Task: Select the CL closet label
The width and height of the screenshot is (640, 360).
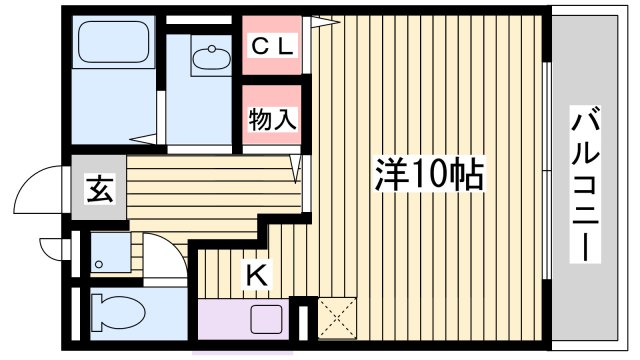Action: point(271,46)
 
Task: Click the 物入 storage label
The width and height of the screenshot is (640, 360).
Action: point(272,119)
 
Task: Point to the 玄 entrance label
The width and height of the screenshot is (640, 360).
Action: point(98,189)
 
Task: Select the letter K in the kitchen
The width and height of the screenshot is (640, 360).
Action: point(255,272)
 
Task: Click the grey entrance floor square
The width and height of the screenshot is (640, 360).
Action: point(98,189)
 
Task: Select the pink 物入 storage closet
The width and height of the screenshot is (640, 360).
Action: point(271,116)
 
